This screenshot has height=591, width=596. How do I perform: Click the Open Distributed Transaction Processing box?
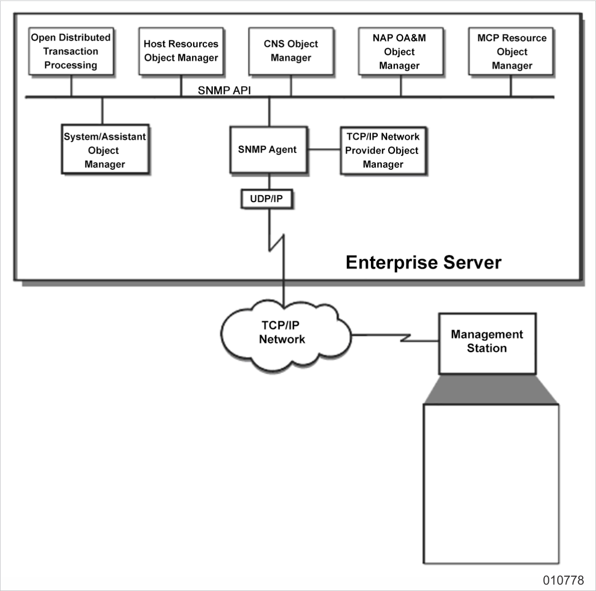71,51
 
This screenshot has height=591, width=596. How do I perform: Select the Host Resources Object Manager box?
181,51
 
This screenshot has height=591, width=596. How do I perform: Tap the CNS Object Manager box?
291,51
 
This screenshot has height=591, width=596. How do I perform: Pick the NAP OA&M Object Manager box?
399,51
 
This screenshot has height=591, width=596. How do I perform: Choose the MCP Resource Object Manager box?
511,51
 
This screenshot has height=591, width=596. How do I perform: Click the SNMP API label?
224,91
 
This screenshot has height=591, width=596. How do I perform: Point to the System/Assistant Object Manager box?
105,150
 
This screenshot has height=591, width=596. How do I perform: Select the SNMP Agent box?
268,150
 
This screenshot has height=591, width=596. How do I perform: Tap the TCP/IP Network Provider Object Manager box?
382,150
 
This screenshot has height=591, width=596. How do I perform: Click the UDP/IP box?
267,199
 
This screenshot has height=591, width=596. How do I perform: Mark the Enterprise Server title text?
423,262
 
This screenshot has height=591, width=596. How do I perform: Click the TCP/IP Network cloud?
283,333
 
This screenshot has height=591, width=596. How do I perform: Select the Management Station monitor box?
486,342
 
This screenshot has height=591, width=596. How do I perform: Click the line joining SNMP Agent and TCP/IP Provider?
324,150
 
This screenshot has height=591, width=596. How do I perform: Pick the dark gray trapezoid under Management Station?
490,390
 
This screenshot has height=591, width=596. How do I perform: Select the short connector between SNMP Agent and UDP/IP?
269,181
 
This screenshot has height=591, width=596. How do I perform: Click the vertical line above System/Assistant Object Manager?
102,111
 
